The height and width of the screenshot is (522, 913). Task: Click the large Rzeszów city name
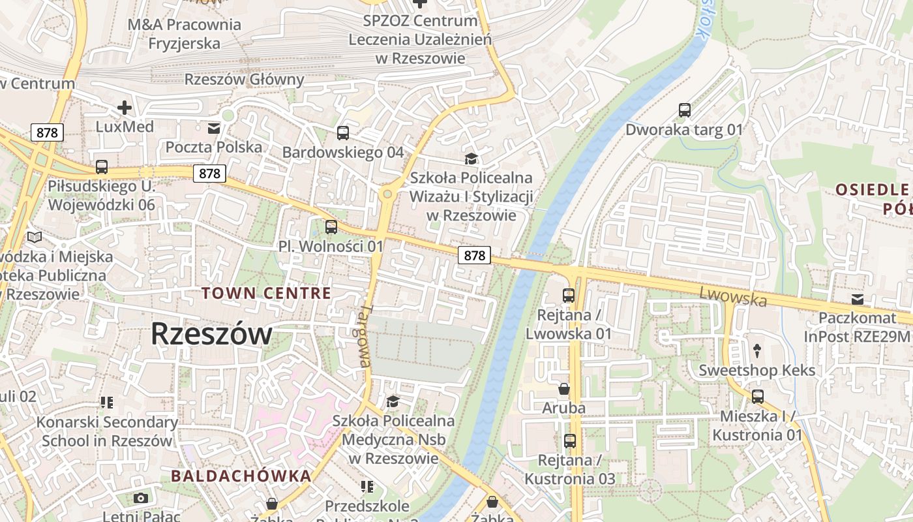click(211, 334)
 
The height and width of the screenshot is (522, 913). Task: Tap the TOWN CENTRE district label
click(266, 293)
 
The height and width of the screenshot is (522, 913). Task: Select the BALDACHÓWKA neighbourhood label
click(241, 476)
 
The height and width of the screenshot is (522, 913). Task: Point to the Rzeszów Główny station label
click(245, 80)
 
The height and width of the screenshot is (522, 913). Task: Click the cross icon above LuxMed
click(124, 108)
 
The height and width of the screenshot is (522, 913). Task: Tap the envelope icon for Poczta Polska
click(214, 128)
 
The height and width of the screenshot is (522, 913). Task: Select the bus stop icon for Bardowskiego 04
click(343, 133)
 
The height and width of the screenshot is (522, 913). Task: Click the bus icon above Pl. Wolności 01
click(331, 227)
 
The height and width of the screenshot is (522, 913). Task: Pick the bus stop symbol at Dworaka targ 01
click(684, 110)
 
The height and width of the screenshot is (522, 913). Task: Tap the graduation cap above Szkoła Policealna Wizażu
click(470, 159)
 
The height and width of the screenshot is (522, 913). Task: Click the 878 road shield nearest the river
click(474, 255)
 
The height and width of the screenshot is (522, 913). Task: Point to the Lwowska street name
click(733, 296)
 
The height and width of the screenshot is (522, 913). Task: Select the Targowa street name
click(365, 335)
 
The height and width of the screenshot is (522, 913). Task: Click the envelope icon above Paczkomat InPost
click(857, 299)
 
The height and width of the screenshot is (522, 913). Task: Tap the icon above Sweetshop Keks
click(756, 351)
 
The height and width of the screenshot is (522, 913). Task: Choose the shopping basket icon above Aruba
click(564, 389)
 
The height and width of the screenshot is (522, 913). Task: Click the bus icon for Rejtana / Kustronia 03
click(570, 441)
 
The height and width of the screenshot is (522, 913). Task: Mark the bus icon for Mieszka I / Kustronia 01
click(757, 397)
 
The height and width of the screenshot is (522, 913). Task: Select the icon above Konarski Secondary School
click(107, 403)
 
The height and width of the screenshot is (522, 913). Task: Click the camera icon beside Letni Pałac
click(140, 499)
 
